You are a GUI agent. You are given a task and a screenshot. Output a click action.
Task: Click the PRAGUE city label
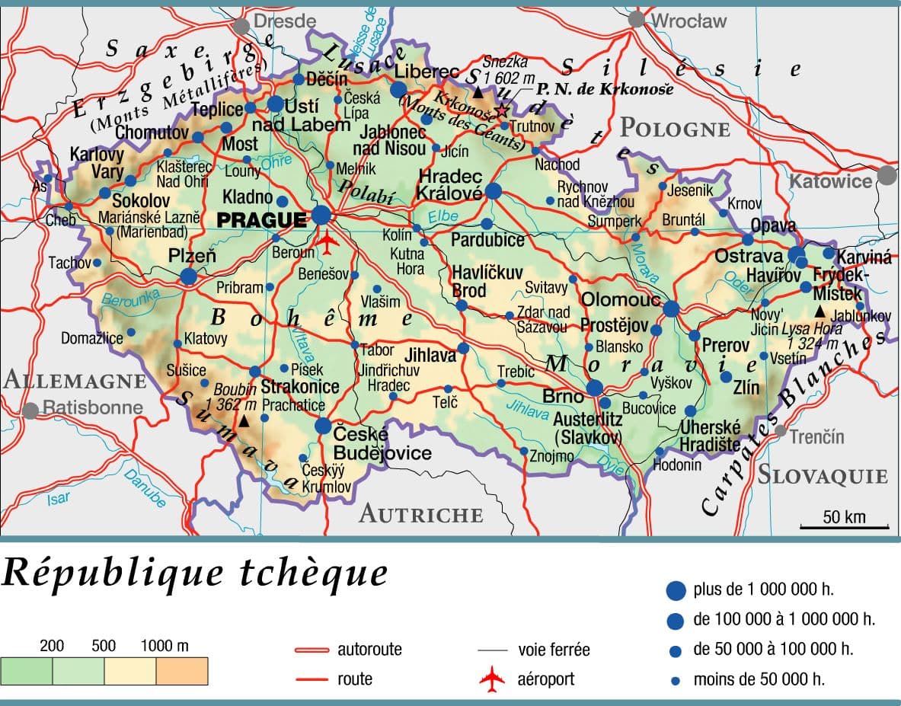pos(261,220)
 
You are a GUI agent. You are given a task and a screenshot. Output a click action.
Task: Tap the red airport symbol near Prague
pos(327,241)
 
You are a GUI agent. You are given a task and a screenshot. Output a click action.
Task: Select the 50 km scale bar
pos(844,526)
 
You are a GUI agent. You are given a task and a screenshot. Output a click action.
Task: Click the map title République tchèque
pos(194,573)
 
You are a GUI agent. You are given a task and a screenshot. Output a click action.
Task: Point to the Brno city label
pos(564,397)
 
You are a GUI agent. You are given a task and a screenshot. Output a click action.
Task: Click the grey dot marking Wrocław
pos(637,20)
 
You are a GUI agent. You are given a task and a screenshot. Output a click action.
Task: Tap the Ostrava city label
pos(748,257)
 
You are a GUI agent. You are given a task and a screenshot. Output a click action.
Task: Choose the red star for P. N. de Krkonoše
pos(502,110)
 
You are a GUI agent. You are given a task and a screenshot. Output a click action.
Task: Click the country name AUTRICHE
pos(420,514)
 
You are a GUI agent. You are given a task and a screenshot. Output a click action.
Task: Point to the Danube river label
pos(144,490)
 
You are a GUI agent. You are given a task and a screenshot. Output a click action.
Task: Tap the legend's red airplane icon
pos(492,679)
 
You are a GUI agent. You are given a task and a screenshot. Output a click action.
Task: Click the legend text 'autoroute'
pos(369,650)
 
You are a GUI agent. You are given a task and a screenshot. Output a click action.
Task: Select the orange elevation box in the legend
pos(182,671)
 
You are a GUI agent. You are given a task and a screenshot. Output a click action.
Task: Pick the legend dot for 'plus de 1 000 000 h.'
pos(675,590)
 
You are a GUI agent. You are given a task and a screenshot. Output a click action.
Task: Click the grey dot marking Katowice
pos(887,176)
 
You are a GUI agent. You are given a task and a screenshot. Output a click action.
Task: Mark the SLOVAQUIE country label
pos(822,476)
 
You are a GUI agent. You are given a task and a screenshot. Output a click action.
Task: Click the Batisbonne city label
pos(92,407)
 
